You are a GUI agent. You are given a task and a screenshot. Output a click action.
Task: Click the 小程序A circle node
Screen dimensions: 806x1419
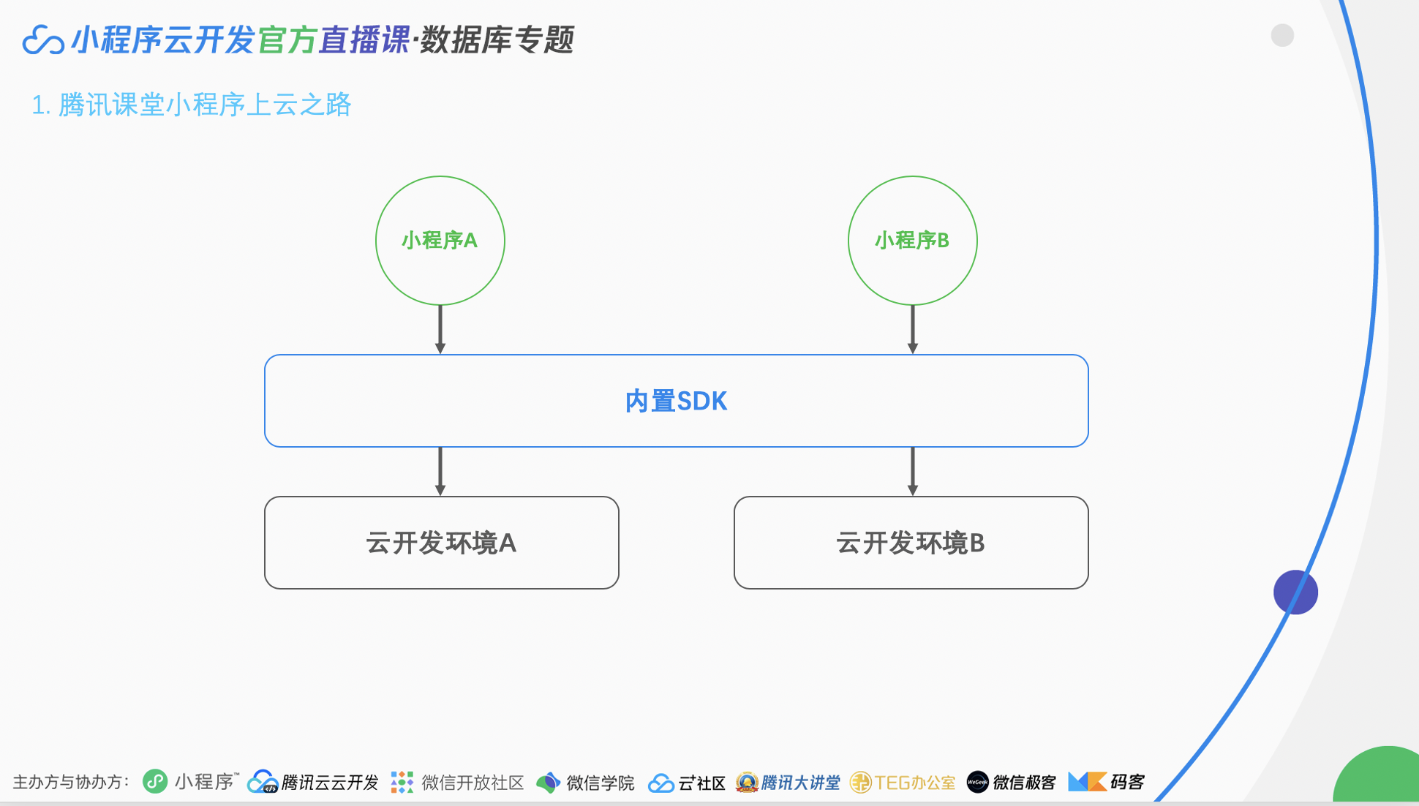pyautogui.click(x=440, y=241)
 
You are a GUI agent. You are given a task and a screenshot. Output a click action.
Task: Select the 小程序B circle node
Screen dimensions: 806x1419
pyautogui.click(x=912, y=241)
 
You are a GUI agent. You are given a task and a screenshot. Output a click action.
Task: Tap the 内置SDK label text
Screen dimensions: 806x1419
pyautogui.click(x=676, y=402)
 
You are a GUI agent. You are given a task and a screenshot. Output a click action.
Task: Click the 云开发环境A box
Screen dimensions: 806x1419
pyautogui.click(x=441, y=543)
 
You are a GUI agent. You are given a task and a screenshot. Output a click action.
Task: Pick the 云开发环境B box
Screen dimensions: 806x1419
pyautogui.click(x=911, y=543)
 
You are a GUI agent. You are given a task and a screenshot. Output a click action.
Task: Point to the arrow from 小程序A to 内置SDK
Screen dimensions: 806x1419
pyautogui.click(x=440, y=329)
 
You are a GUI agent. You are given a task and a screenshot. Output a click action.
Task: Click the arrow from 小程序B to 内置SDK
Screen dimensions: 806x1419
pyautogui.click(x=912, y=329)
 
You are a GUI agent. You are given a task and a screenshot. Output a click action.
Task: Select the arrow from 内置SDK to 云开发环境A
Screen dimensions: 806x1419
pyautogui.click(x=440, y=471)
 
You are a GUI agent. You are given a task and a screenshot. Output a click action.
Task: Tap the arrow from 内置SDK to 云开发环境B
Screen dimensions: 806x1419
pyautogui.click(x=912, y=471)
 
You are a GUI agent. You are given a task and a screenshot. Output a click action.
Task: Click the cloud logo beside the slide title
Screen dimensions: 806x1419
pyautogui.click(x=42, y=40)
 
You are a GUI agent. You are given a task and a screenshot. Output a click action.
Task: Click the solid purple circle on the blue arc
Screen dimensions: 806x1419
pyautogui.click(x=1295, y=592)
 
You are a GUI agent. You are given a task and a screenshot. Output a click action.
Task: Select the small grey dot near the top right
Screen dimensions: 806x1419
pyautogui.click(x=1282, y=35)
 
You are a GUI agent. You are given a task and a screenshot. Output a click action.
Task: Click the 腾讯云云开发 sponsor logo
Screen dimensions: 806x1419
pyautogui.click(x=313, y=783)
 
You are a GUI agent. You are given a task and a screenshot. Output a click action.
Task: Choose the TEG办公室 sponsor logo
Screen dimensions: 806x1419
pyautogui.click(x=903, y=783)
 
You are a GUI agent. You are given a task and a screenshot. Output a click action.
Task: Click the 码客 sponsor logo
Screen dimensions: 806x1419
pyautogui.click(x=1106, y=783)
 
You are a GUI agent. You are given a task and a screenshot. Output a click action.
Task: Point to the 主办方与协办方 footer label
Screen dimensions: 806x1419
pyautogui.click(x=71, y=783)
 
